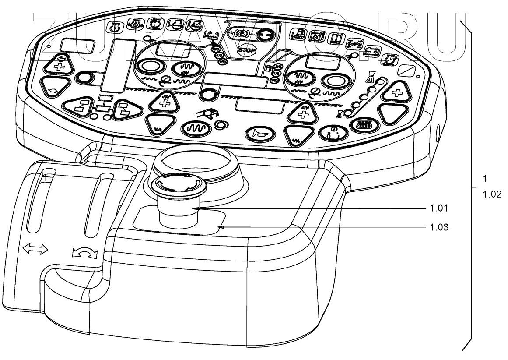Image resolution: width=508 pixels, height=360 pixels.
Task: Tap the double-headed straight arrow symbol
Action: (x=35, y=249)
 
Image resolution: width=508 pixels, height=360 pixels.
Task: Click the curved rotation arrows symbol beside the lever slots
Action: (x=84, y=253)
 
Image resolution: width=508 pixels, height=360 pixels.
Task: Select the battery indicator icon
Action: (x=372, y=51)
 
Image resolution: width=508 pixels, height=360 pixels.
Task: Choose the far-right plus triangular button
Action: (x=397, y=92)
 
